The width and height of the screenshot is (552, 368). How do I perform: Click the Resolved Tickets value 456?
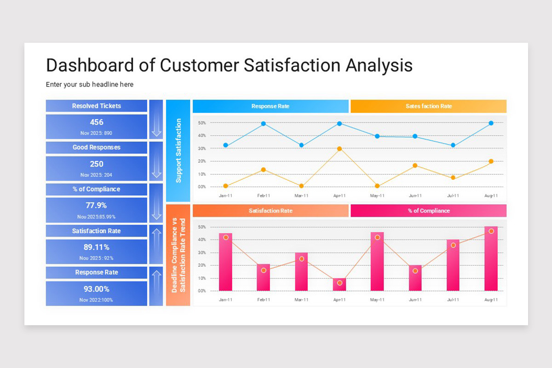pos(97,122)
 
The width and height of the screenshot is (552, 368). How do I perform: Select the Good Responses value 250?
pos(97,164)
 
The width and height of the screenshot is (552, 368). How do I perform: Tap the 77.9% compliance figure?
pos(97,206)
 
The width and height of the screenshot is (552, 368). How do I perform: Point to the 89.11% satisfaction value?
pos(97,247)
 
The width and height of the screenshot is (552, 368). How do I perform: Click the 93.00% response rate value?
pos(97,289)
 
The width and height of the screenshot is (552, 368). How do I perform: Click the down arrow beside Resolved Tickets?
pos(156,120)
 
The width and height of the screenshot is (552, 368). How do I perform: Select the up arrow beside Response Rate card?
pos(156,286)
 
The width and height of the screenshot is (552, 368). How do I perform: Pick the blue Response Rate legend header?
pos(270,106)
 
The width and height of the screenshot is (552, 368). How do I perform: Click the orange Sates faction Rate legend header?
pos(428,106)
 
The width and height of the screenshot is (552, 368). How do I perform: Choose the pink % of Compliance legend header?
pos(428,211)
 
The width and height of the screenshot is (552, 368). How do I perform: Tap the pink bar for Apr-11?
pos(339,285)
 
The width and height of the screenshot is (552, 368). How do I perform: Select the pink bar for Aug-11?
pos(491,259)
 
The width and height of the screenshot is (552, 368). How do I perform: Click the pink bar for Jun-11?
pos(415,278)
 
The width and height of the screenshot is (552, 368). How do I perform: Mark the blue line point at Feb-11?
pos(264,124)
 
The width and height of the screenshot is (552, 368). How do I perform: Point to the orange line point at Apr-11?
pos(339,149)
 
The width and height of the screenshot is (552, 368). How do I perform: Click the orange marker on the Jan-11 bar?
pos(226,237)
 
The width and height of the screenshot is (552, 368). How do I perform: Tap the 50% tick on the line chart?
pos(201,123)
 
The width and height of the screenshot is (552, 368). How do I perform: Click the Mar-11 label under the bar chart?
pos(301,300)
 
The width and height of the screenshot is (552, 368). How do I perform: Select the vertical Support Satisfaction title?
pos(178,151)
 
